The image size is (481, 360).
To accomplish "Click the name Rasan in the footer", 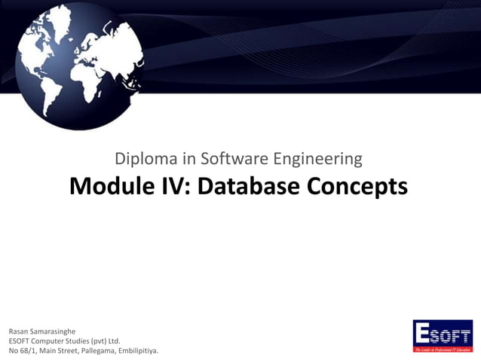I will pos(20,331).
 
